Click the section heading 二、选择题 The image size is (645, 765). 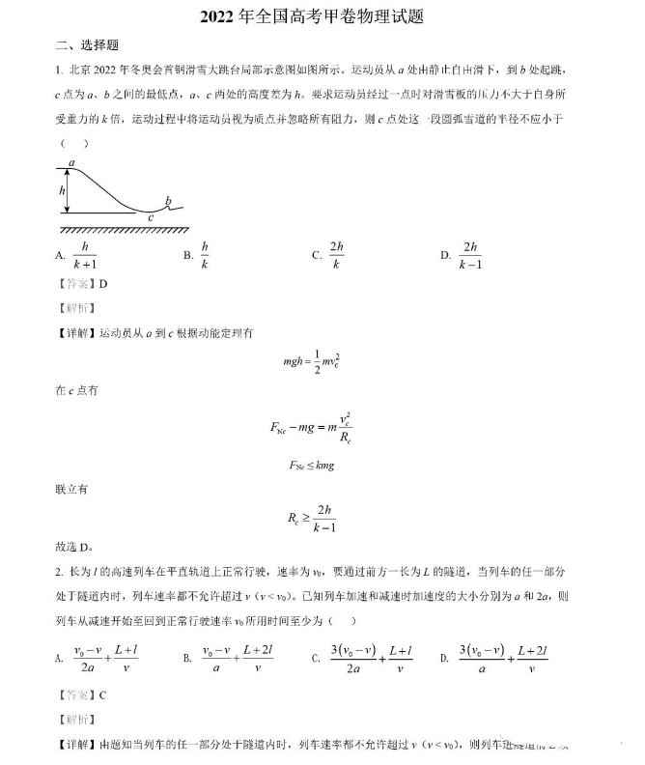coord(87,45)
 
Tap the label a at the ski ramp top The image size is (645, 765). coord(71,163)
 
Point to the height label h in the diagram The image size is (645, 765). coord(62,191)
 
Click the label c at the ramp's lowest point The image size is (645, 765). coord(151,218)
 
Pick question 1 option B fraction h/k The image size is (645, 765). coord(205,255)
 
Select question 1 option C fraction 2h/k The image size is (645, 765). coord(337,255)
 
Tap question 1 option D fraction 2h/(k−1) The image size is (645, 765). coord(470,255)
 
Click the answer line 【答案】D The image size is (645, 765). coord(83,284)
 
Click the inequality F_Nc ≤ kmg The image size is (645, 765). coord(312,465)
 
